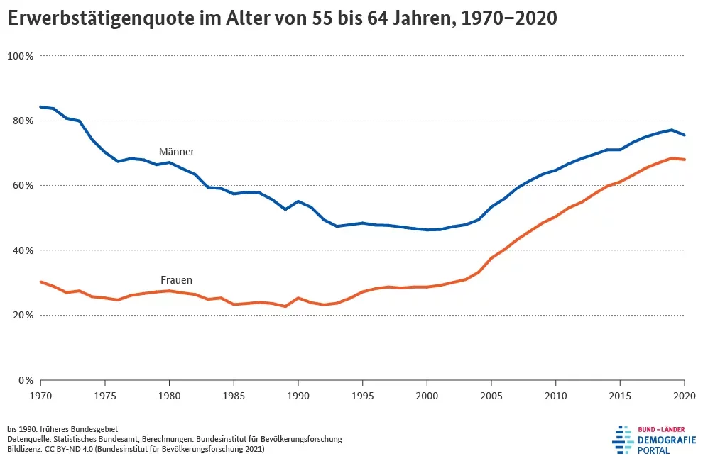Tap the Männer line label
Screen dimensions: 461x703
(x=176, y=152)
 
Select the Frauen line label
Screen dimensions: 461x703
(x=176, y=280)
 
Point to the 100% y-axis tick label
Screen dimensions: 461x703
(x=21, y=56)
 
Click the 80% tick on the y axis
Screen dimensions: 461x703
(x=23, y=121)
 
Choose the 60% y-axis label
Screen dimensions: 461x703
(x=23, y=186)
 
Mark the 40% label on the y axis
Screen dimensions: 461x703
(x=23, y=250)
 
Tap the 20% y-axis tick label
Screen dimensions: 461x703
(x=23, y=316)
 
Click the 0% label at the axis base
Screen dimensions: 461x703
(x=26, y=381)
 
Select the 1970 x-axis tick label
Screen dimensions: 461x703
(x=40, y=394)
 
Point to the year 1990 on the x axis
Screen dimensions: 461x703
(x=298, y=394)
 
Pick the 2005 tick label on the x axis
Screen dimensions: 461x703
(x=491, y=394)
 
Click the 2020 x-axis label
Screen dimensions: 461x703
(x=684, y=394)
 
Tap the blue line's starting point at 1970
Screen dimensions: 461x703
(x=41, y=107)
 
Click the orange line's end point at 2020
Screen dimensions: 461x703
(x=684, y=160)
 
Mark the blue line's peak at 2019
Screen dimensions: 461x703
(x=671, y=130)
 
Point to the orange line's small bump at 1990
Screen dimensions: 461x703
(x=298, y=298)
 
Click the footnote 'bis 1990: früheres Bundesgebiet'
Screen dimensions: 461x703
(x=62, y=429)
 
